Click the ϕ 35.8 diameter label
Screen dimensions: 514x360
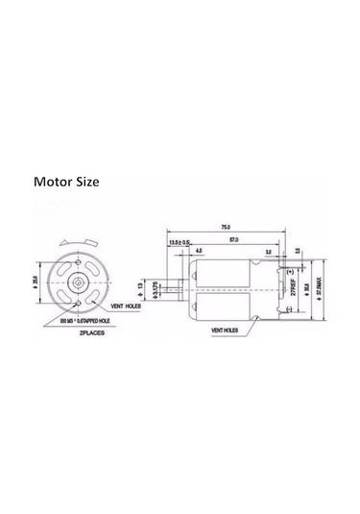pos(306,289)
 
